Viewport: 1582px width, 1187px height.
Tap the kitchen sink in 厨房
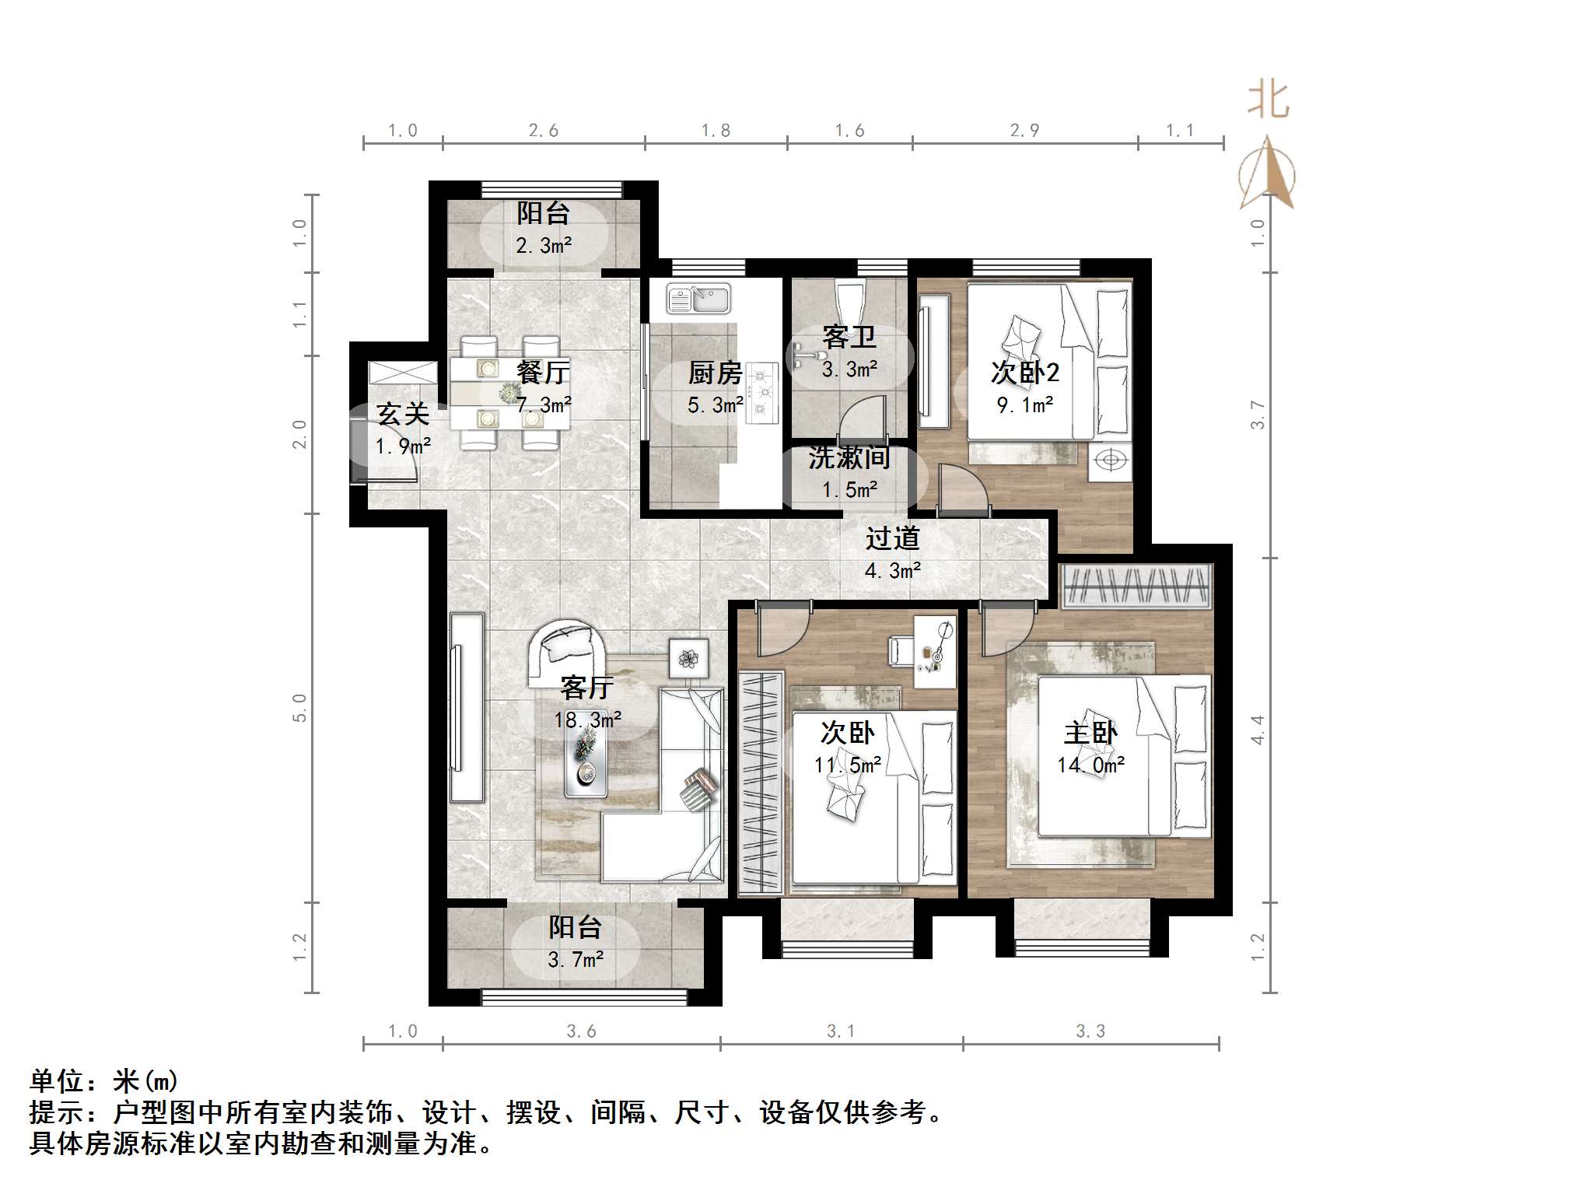pos(698,299)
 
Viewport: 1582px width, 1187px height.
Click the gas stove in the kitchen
pos(761,394)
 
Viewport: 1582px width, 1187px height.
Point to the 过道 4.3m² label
pos(893,554)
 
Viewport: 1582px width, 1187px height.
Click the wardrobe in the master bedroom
pos(1136,585)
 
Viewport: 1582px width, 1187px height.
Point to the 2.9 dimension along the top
pos(1024,131)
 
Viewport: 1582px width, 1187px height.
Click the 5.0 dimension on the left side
pos(299,707)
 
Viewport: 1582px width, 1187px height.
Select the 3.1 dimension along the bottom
pos(841,1031)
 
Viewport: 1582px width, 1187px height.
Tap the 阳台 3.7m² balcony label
pos(576,943)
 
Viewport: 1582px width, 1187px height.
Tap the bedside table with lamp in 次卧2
pos(1111,460)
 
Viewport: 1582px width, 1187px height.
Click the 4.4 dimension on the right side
pos(1258,729)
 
